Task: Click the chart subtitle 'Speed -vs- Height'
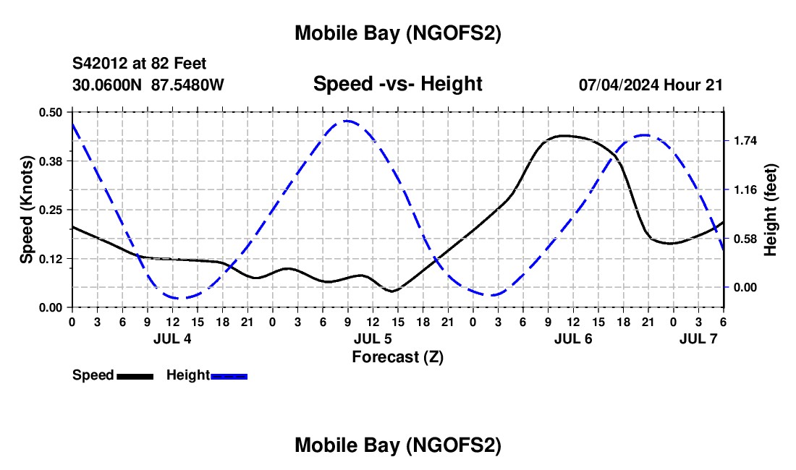pyautogui.click(x=397, y=84)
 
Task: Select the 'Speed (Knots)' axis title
pyautogui.click(x=26, y=210)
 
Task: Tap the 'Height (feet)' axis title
pyautogui.click(x=770, y=210)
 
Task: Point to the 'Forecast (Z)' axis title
pyautogui.click(x=397, y=356)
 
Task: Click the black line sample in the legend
pyautogui.click(x=135, y=376)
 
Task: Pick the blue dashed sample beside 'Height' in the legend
pyautogui.click(x=229, y=376)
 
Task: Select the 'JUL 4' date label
pyautogui.click(x=172, y=338)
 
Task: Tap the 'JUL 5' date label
pyautogui.click(x=373, y=338)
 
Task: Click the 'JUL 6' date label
pyautogui.click(x=573, y=338)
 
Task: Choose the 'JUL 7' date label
pyautogui.click(x=698, y=338)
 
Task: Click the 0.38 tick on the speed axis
pyautogui.click(x=51, y=161)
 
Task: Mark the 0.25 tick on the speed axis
pyautogui.click(x=51, y=210)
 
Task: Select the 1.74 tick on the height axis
pyautogui.click(x=745, y=140)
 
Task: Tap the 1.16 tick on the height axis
pyautogui.click(x=745, y=189)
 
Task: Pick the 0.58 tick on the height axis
pyautogui.click(x=745, y=239)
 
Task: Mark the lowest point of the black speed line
pyautogui.click(x=392, y=291)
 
